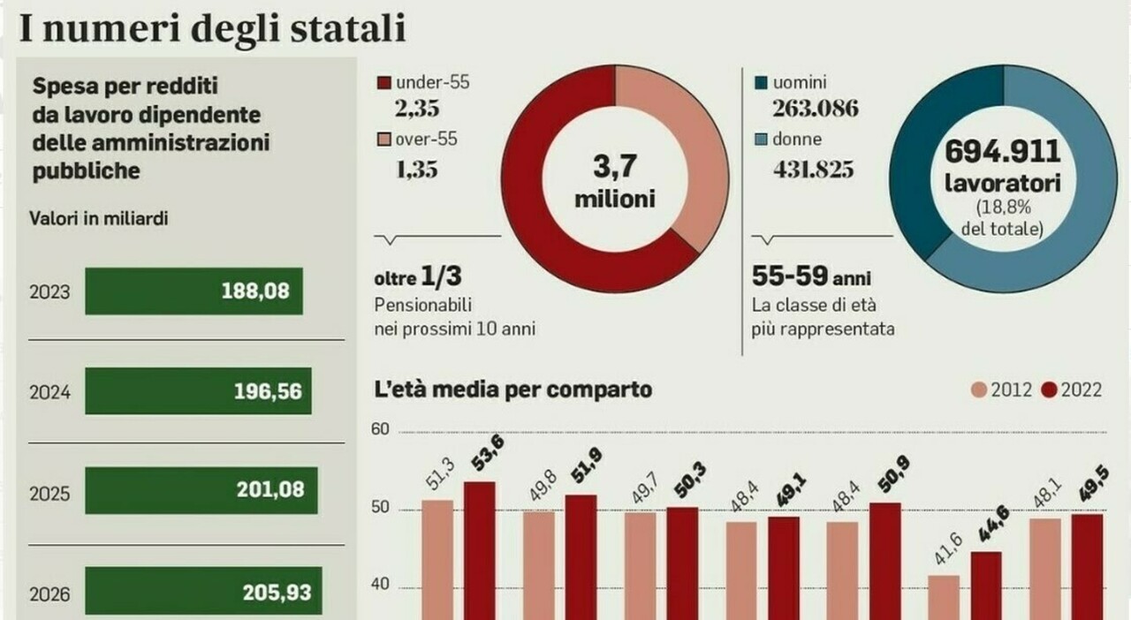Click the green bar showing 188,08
[194, 291]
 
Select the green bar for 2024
[198, 391]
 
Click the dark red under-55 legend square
[383, 83]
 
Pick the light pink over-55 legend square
[383, 139]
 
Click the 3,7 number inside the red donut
[615, 165]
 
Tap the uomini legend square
[761, 83]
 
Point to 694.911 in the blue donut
[1002, 152]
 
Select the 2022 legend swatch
[1050, 390]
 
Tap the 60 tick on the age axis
[380, 430]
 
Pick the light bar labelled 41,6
[943, 596]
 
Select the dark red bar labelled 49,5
[1087, 565]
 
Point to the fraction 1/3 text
[442, 277]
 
